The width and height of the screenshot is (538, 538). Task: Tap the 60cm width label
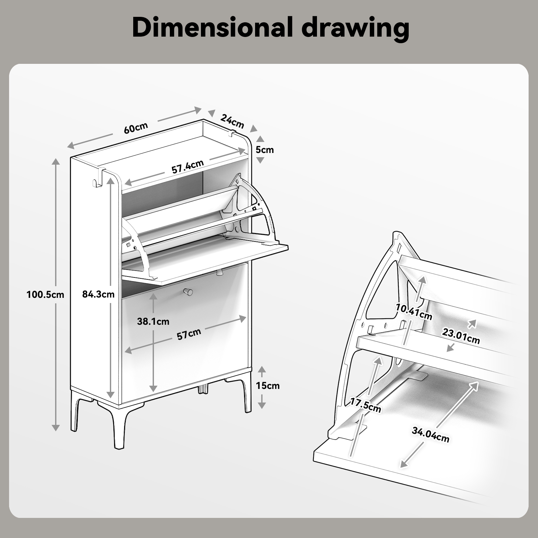click(x=136, y=128)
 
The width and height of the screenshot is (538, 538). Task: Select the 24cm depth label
click(x=232, y=121)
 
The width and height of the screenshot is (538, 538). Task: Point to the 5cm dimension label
click(x=265, y=150)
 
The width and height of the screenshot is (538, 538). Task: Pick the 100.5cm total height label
click(x=45, y=295)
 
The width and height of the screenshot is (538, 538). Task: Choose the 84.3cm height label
click(x=98, y=294)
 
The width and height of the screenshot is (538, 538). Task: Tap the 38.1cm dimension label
click(x=153, y=322)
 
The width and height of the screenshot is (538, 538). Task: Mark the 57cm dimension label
click(x=189, y=334)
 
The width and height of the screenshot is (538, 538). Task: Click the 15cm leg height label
click(x=268, y=386)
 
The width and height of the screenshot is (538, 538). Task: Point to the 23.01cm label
click(x=461, y=336)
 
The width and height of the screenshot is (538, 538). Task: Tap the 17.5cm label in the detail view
click(x=366, y=405)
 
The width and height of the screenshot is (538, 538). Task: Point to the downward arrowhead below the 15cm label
click(x=262, y=405)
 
